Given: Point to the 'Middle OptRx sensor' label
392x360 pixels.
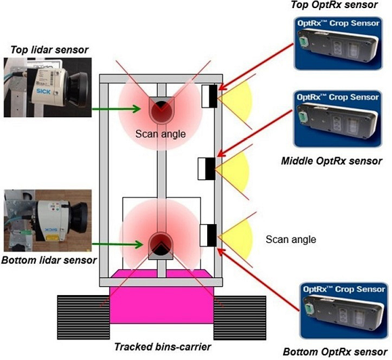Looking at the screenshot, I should tap(331, 160).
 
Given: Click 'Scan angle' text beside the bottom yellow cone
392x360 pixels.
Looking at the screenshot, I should tap(287, 239).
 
